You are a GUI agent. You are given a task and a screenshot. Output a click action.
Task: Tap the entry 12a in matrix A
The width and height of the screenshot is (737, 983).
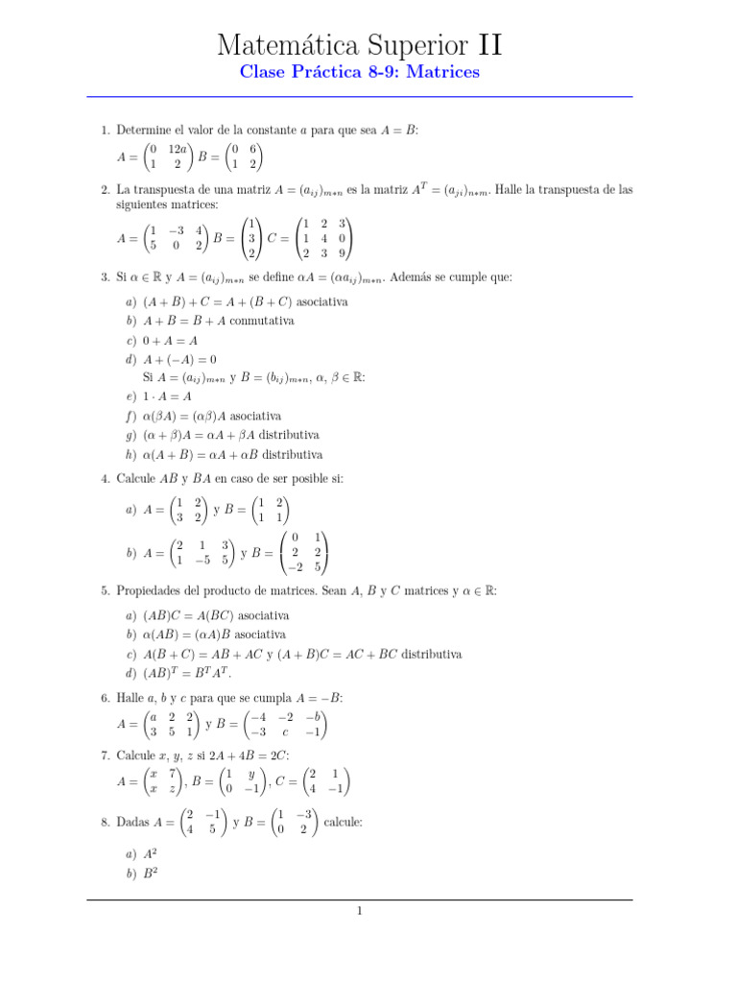[177, 149]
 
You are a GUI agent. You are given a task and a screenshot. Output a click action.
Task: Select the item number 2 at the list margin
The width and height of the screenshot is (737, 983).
[106, 190]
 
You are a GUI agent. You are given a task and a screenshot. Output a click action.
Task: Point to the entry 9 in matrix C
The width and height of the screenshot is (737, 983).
[342, 254]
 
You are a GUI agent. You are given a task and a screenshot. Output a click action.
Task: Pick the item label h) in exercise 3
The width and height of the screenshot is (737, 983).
[131, 454]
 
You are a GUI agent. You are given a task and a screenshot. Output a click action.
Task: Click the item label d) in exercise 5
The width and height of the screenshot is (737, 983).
[131, 673]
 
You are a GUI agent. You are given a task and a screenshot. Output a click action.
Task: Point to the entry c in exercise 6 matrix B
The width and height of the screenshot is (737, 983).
[285, 733]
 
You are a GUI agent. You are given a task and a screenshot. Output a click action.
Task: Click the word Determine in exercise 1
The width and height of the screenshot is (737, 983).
[144, 129]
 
